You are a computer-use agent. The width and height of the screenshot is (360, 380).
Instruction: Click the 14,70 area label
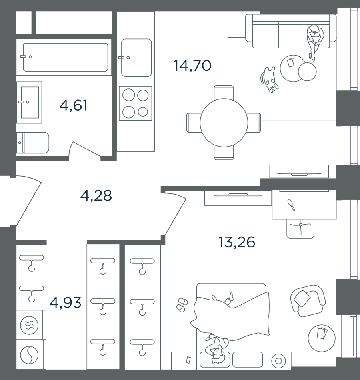point(192,66)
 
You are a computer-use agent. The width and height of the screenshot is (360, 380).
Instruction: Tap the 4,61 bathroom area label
point(73,105)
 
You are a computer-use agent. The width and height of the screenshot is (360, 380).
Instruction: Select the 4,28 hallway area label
point(96,195)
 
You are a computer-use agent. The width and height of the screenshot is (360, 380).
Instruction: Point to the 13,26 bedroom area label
point(237,242)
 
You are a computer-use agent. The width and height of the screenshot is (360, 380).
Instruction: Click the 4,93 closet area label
point(65,302)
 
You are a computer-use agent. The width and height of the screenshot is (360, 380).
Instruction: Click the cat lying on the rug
point(270,80)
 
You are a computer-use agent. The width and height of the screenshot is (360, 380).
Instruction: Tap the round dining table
point(224,123)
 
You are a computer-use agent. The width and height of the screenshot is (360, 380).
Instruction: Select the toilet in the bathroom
point(33,143)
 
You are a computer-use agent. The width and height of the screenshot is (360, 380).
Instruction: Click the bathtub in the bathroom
point(65,57)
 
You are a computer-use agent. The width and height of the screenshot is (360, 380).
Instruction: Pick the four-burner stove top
point(136,103)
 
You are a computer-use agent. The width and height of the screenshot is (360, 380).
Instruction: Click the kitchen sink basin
point(136,58)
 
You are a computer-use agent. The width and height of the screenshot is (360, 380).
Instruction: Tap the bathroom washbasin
point(29,102)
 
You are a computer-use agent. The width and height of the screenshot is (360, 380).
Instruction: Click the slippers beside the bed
point(182,305)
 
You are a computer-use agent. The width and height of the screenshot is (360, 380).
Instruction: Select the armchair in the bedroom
point(308,300)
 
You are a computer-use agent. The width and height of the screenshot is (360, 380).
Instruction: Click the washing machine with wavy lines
point(29,325)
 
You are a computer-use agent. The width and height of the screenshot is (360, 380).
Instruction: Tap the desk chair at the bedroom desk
point(300,228)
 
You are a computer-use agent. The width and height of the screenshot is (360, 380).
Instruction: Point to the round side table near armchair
point(322,338)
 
